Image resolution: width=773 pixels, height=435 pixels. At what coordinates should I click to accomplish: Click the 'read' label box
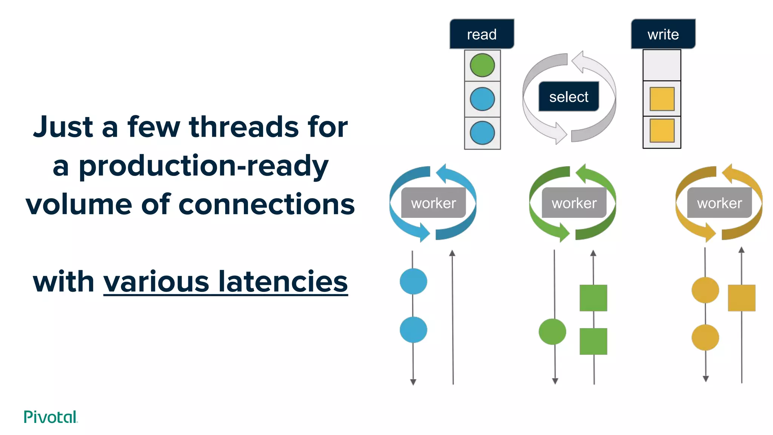[x=482, y=34]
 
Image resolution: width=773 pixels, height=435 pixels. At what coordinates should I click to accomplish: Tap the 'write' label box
[x=663, y=34]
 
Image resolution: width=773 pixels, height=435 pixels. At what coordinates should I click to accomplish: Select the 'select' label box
[x=568, y=97]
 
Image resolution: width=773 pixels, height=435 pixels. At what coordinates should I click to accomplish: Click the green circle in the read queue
[x=482, y=65]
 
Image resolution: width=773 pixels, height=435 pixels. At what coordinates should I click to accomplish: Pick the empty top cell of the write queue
[x=662, y=65]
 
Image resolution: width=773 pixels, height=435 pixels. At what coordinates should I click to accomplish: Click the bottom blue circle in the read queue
[x=482, y=133]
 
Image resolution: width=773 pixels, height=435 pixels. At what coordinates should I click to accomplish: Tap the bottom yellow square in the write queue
[x=662, y=131]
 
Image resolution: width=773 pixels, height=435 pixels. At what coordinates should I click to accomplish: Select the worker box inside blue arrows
[x=433, y=203]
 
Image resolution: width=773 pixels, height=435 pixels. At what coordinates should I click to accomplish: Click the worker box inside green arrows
[x=574, y=203]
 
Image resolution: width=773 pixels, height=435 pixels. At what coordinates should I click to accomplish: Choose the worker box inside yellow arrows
[x=719, y=203]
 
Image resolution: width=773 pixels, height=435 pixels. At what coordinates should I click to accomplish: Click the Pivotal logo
[x=51, y=417]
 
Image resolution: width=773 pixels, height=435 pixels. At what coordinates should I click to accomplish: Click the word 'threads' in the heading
[x=244, y=127]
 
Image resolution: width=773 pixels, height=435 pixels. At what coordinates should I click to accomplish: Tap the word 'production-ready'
[x=203, y=166]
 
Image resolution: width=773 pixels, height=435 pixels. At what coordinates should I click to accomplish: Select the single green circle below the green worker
[x=552, y=332]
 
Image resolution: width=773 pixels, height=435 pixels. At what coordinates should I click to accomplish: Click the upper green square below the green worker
[x=593, y=298]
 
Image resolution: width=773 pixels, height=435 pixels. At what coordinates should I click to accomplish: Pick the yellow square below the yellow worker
[x=741, y=298]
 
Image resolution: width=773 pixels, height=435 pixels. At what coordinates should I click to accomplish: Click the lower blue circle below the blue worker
[x=413, y=330]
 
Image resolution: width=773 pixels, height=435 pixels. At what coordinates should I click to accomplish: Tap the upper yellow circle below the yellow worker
[x=705, y=290]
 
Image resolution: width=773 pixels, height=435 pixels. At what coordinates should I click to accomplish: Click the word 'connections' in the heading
[x=266, y=204]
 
